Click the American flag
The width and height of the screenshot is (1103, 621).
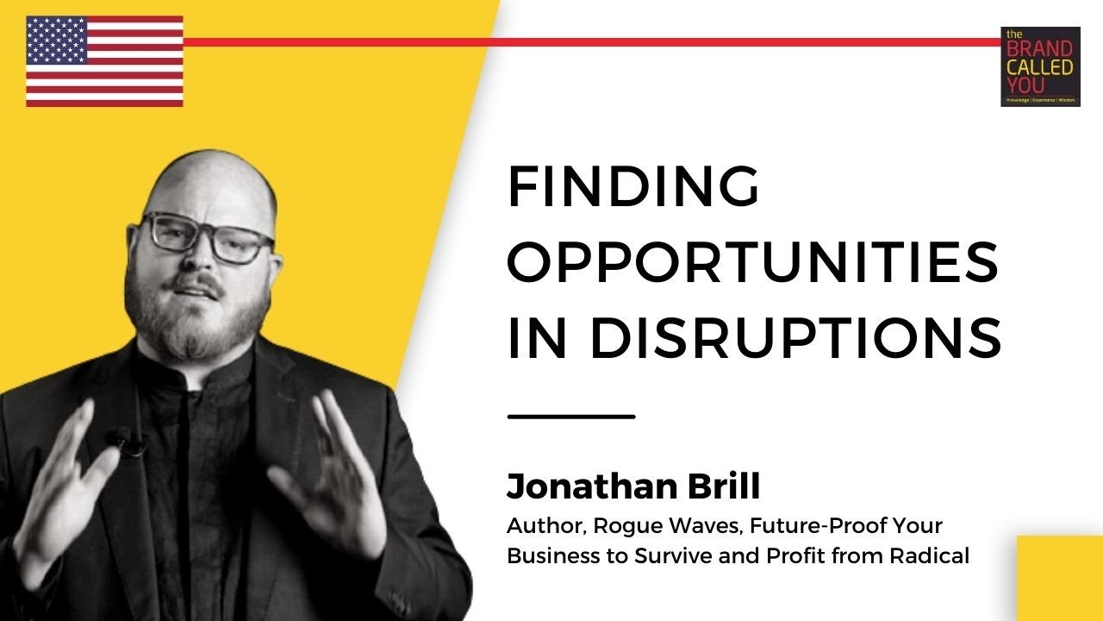tap(104, 61)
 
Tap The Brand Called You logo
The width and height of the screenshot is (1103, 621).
tap(1040, 66)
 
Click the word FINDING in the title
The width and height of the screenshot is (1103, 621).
tap(633, 187)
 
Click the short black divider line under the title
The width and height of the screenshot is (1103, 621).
tap(571, 417)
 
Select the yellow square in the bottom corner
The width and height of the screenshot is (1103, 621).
tap(1060, 578)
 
